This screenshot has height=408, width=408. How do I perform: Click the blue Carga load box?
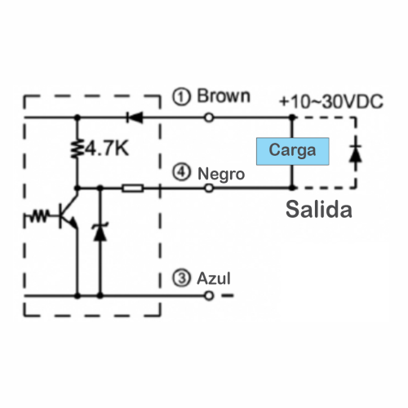293,151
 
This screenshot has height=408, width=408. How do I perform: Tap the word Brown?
224,95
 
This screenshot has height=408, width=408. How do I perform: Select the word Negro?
221,174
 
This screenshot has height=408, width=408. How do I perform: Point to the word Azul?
214,278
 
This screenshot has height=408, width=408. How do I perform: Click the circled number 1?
181,96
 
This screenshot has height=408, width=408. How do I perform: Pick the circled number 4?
181,172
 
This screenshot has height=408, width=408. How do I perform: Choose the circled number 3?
181,278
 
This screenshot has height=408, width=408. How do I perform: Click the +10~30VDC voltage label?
331,101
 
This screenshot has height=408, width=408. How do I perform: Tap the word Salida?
319,209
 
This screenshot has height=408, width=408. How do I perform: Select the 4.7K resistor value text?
107,149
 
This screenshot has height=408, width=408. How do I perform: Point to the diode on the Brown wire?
135,118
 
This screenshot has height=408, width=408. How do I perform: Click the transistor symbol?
68,212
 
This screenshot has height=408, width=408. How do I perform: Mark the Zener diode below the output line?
100,232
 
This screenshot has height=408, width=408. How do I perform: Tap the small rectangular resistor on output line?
132,188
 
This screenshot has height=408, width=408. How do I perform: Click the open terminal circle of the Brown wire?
209,118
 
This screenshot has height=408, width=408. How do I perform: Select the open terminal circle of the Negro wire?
209,188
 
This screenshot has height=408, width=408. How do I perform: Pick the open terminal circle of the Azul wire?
209,295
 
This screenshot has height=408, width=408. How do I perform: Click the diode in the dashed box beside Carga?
355,153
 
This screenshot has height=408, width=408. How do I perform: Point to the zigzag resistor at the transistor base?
39,216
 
